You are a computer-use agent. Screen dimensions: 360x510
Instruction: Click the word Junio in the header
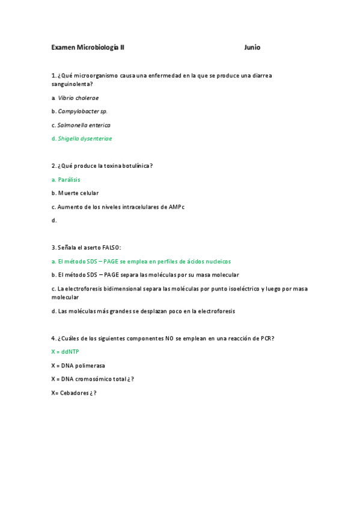point(252,48)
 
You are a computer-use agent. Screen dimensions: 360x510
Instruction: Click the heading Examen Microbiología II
point(88,48)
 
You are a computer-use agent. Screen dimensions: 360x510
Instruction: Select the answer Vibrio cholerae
point(78,97)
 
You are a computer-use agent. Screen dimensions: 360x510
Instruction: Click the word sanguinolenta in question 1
point(71,84)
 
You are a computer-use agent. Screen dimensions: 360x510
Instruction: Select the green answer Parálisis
point(69,179)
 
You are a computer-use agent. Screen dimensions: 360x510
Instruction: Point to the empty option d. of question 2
point(54,220)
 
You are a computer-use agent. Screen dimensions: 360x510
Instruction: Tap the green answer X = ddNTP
point(62,351)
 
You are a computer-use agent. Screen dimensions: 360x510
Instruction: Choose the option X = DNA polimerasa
point(75,365)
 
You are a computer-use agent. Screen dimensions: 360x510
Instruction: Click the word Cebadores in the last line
point(75,393)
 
